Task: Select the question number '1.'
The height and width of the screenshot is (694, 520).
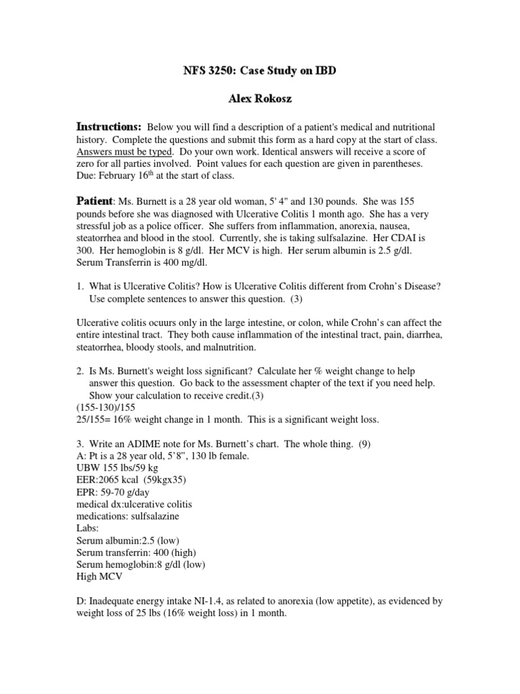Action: [79, 287]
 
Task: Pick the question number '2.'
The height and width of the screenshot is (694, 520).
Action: [79, 371]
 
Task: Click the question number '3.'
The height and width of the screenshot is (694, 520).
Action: [79, 444]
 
